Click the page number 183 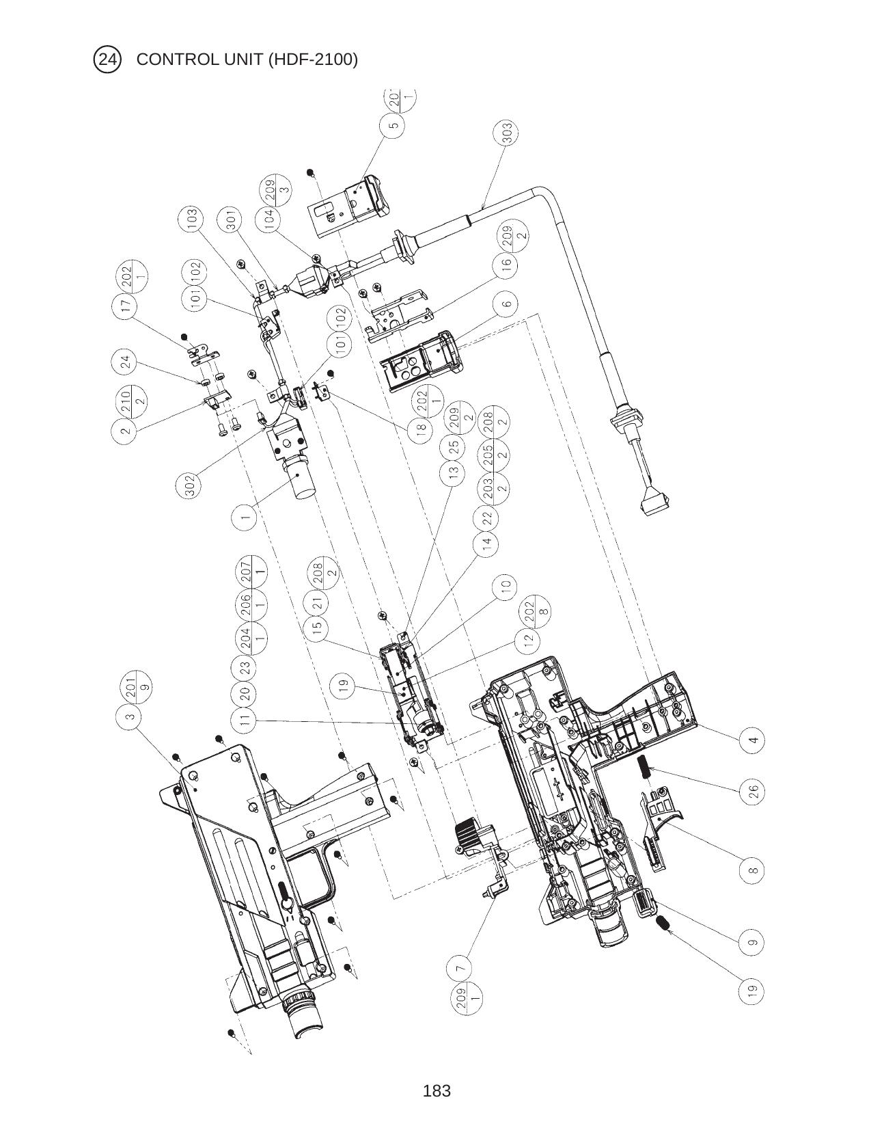[x=437, y=1090]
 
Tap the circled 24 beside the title [x=107, y=59]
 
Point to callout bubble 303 [x=507, y=133]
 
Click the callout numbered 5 [x=392, y=126]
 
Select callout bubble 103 [x=192, y=219]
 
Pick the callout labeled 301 [x=231, y=221]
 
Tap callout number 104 [x=268, y=219]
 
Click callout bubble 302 [x=191, y=485]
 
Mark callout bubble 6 [x=506, y=304]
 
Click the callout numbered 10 [x=506, y=587]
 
